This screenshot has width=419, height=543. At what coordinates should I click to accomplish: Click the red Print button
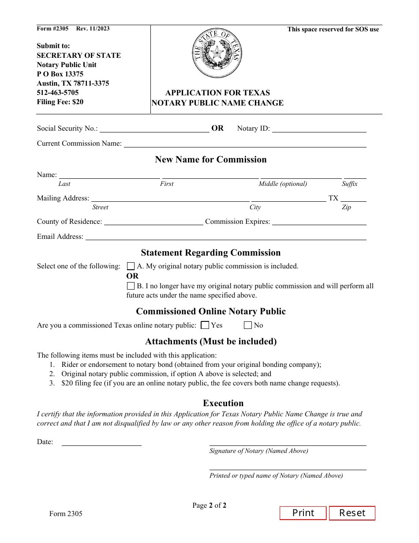click(303, 513)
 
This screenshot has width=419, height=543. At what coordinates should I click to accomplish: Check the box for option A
click(131, 266)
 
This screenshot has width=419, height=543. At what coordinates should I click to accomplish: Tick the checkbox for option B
click(131, 286)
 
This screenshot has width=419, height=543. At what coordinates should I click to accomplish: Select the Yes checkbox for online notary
click(205, 325)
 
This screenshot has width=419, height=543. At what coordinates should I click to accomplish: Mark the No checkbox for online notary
click(248, 325)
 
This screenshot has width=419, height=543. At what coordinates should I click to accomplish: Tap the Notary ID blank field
click(319, 129)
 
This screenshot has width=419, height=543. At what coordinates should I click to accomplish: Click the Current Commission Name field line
click(245, 144)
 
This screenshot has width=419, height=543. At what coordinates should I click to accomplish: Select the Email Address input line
click(225, 237)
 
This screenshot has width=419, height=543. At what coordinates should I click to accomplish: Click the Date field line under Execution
click(101, 442)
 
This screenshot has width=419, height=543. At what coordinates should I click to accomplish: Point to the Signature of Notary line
click(288, 442)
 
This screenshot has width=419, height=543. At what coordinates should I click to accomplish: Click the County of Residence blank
click(153, 222)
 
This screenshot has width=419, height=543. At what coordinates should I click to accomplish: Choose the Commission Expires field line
click(319, 222)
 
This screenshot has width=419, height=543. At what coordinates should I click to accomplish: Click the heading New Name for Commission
click(211, 159)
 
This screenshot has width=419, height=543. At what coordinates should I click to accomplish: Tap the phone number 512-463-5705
click(58, 93)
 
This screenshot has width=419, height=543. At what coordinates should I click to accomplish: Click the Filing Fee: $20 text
click(60, 102)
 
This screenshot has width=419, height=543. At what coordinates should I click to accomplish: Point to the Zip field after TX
click(353, 198)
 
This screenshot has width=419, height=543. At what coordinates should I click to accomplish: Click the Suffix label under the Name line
click(349, 184)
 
